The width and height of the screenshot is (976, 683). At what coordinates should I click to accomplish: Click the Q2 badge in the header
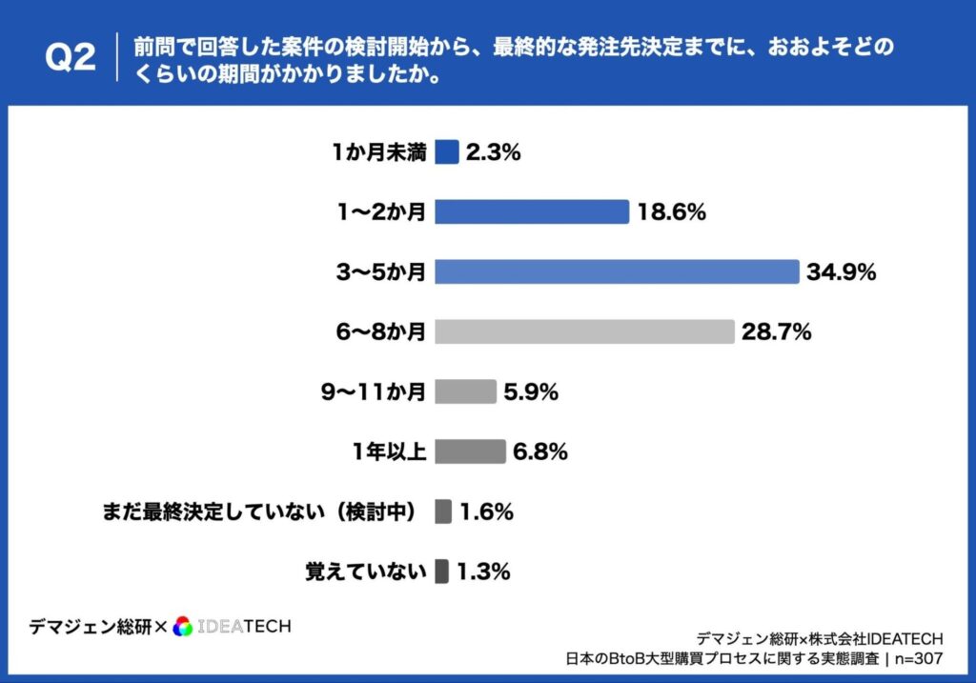[71, 58]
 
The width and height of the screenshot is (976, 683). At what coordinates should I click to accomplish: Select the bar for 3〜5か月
[617, 271]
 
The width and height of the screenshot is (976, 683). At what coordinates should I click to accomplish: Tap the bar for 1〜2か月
[532, 211]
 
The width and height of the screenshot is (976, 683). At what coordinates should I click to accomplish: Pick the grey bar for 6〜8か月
[584, 331]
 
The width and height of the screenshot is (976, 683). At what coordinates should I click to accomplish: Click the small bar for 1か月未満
[447, 151]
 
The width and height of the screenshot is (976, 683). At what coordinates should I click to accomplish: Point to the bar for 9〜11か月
[465, 392]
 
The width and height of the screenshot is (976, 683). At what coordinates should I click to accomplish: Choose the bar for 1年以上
[470, 452]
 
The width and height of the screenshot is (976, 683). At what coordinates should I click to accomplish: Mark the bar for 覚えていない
[442, 572]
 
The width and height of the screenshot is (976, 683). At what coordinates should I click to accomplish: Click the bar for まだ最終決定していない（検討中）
[443, 512]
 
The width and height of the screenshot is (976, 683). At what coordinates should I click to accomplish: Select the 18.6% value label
[671, 212]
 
